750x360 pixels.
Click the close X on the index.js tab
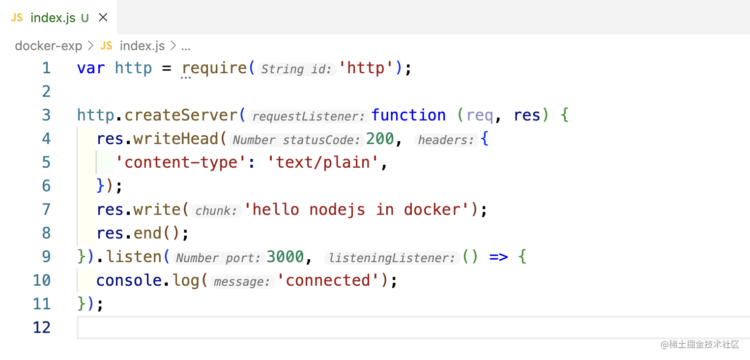(103, 18)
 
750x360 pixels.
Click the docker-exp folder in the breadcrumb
(48, 46)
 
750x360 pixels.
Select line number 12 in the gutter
(42, 328)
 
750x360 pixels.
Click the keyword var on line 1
(91, 68)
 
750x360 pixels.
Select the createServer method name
(180, 115)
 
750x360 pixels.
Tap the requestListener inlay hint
(308, 117)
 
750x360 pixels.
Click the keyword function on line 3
(408, 115)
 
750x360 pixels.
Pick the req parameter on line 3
(479, 115)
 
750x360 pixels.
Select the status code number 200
(380, 139)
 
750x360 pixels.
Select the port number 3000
(285, 257)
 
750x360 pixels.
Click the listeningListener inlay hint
(391, 258)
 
